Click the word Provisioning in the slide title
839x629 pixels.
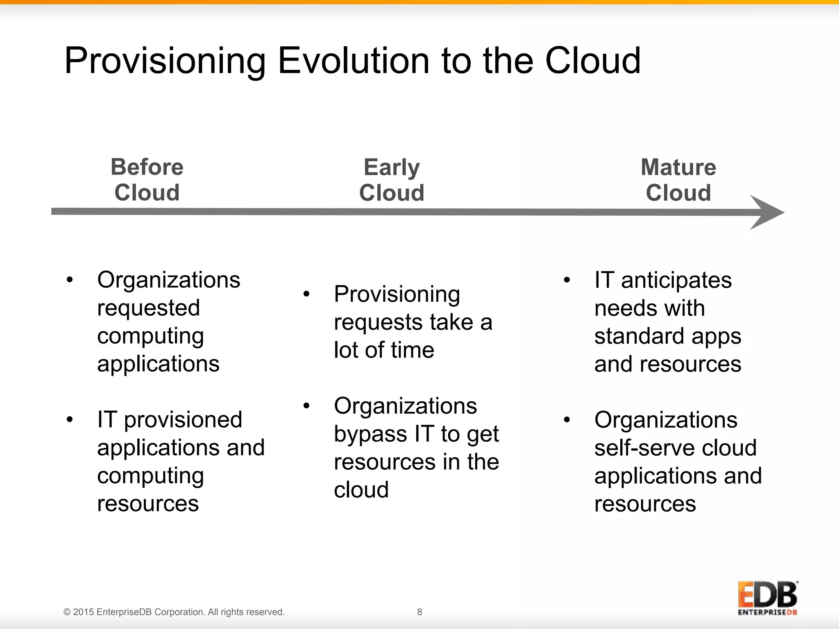(165, 61)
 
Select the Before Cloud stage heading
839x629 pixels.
(147, 180)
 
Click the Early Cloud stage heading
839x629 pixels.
(392, 180)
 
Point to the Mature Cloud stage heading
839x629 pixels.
(678, 180)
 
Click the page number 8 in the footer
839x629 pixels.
(419, 612)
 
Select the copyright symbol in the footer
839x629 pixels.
(67, 612)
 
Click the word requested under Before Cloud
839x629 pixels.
(148, 308)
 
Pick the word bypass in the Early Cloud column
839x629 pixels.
(371, 434)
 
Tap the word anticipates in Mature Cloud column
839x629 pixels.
(676, 281)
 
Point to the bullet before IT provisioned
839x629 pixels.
(70, 420)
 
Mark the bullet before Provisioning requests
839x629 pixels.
(306, 294)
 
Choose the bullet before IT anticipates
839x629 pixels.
(567, 281)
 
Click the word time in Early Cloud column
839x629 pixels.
(412, 351)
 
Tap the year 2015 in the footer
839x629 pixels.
(84, 612)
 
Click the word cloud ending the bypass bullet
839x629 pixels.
(361, 490)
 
